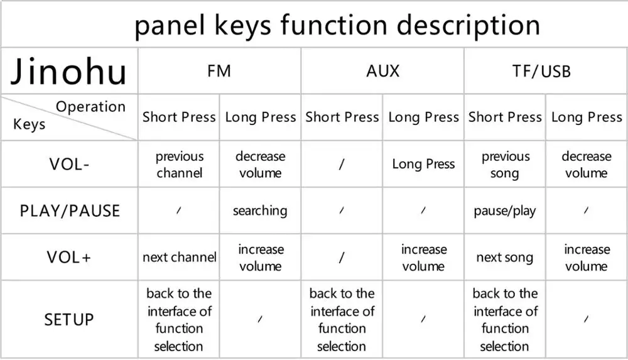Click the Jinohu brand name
(68, 71)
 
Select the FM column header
(219, 71)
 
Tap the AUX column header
(382, 71)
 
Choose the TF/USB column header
(545, 71)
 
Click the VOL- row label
(68, 164)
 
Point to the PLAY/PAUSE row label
(68, 210)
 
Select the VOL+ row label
(68, 257)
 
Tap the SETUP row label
(68, 319)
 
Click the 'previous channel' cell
(180, 164)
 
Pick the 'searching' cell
(260, 210)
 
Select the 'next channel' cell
(180, 257)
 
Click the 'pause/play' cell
(505, 210)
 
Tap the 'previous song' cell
(505, 164)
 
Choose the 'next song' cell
(505, 257)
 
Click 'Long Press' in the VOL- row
(423, 164)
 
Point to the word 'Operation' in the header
(90, 107)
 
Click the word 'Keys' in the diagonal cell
(29, 124)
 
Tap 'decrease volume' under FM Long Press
(260, 164)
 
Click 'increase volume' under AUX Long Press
(423, 257)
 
